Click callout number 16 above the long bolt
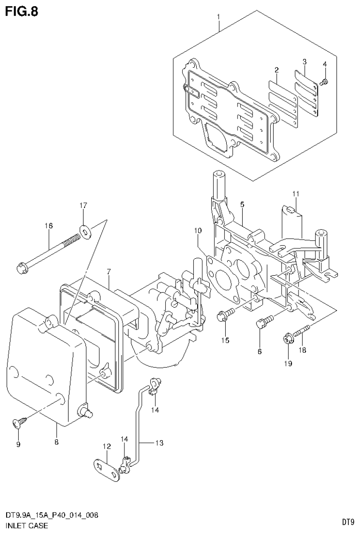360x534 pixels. (49, 226)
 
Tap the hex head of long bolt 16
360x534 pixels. (22, 269)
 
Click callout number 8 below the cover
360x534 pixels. (56, 442)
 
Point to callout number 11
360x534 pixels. (296, 193)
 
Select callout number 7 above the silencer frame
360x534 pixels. (108, 271)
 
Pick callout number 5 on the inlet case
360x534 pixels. (242, 204)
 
